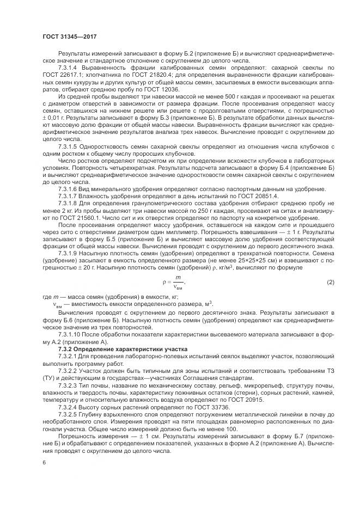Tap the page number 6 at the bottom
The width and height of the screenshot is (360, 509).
pos(44,462)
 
